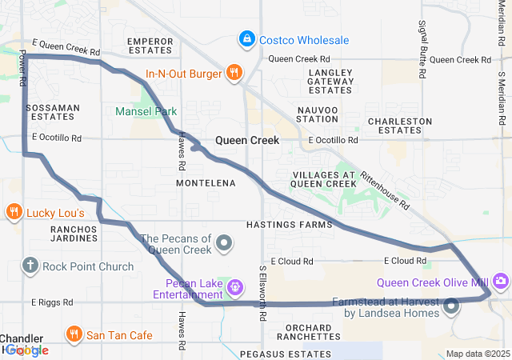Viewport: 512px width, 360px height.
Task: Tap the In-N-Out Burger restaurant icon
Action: click(x=234, y=74)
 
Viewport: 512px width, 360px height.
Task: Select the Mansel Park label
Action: click(x=146, y=111)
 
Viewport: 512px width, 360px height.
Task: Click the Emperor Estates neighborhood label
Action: click(x=150, y=45)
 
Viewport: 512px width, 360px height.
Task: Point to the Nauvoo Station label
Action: click(x=318, y=114)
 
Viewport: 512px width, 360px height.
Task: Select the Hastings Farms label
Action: click(x=289, y=225)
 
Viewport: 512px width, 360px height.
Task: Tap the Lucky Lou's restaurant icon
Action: click(x=14, y=213)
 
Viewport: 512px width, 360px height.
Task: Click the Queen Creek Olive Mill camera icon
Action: click(x=501, y=280)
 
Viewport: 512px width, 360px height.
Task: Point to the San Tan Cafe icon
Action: click(x=74, y=334)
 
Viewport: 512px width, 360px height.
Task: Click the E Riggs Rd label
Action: click(x=52, y=302)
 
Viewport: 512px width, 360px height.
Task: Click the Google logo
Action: click(x=26, y=350)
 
